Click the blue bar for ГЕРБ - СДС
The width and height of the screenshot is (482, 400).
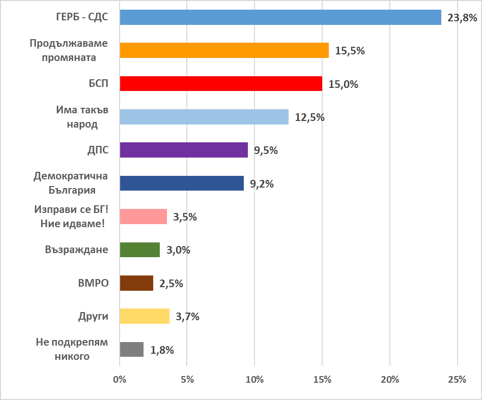point(280,17)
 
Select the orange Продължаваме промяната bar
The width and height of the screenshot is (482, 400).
point(224,50)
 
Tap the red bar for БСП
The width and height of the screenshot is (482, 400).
point(221,83)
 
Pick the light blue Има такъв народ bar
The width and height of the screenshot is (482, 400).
point(204,117)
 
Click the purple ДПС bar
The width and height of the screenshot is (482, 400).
point(184,150)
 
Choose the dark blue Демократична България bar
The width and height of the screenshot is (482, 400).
point(182,183)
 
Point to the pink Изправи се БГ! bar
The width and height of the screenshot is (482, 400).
point(143,217)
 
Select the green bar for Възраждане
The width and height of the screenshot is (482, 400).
point(139,250)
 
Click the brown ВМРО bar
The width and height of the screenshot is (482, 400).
point(136,283)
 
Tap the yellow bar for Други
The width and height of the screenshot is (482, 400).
point(145,316)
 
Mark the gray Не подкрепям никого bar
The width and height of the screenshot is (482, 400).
point(131,350)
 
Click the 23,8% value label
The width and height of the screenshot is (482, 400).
point(462,18)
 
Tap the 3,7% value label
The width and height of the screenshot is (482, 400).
point(187,317)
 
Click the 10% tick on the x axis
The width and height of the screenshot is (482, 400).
point(254,380)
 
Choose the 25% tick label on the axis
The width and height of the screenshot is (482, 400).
point(457,380)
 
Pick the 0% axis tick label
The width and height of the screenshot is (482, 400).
point(120,380)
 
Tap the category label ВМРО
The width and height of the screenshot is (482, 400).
point(95,283)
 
